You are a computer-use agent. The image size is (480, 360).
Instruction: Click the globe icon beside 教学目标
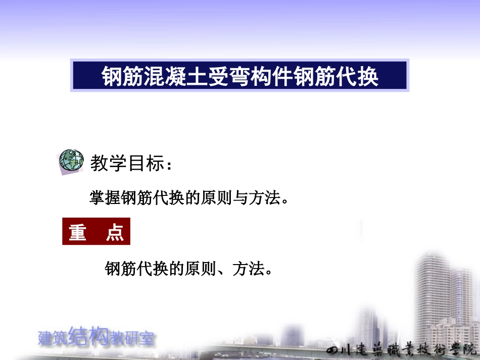(71, 161)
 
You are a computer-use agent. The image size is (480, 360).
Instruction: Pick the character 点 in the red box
(115, 232)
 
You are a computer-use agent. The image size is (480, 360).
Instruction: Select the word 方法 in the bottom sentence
(248, 269)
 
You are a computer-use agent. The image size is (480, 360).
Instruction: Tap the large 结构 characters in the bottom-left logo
(90, 336)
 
